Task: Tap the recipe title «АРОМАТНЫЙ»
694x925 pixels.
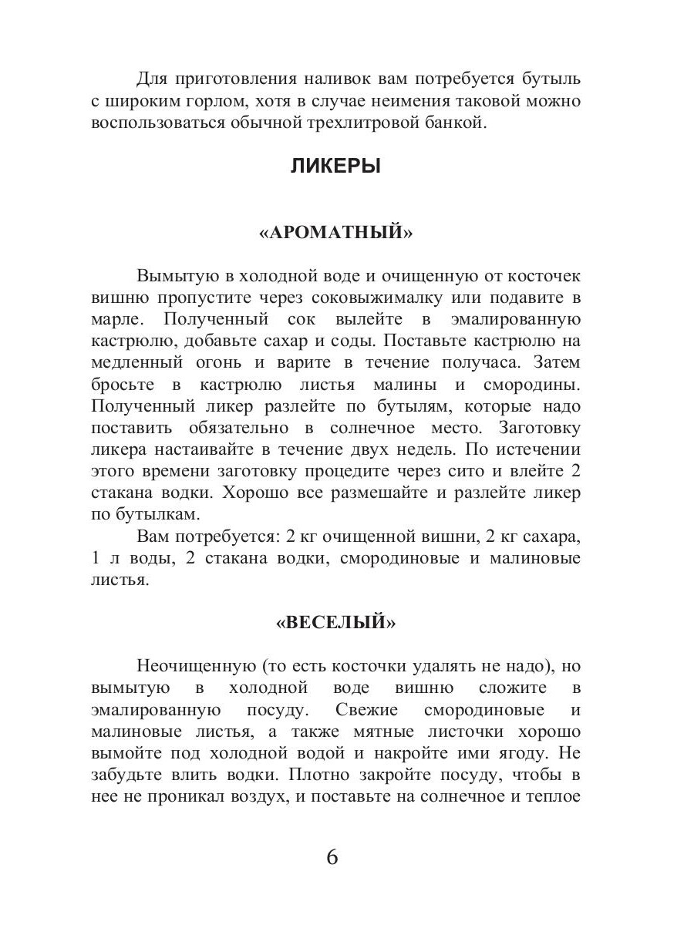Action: [x=335, y=233]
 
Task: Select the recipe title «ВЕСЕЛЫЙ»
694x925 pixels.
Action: [x=335, y=624]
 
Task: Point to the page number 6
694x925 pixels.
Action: [x=332, y=858]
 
